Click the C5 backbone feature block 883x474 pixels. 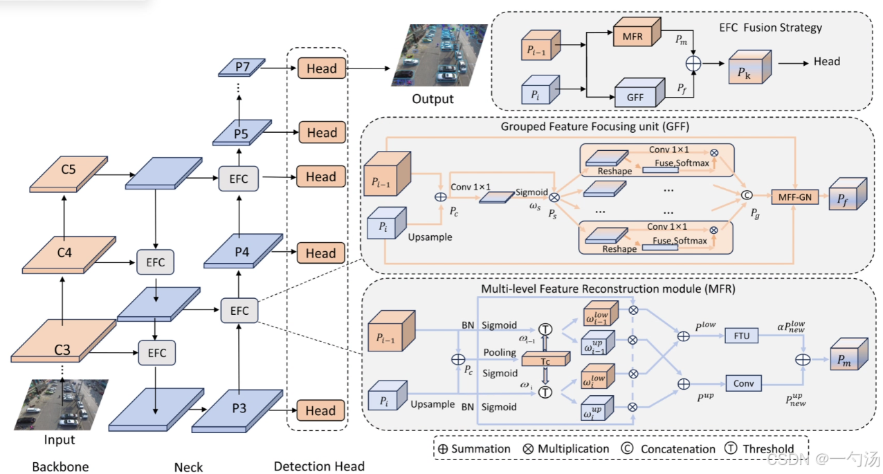tap(69, 174)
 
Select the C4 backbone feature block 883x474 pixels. tap(69, 255)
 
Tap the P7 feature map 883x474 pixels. tap(242, 67)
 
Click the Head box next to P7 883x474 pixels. tap(322, 69)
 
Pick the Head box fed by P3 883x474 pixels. tap(320, 410)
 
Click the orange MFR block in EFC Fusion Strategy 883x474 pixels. tap(637, 32)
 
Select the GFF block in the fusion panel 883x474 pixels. tap(639, 93)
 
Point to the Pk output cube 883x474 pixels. tap(749, 67)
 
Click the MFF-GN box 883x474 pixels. tap(794, 197)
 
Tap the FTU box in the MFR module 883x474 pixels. tap(741, 336)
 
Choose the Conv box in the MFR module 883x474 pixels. tap(743, 383)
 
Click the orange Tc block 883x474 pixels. tap(545, 358)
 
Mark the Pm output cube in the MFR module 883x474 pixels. tap(849, 354)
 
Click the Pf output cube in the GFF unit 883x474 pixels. tap(848, 194)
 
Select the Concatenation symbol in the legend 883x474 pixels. tap(627, 448)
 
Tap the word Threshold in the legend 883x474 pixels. tap(768, 448)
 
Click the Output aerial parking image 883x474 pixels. tap(438, 55)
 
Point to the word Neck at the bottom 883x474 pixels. tap(188, 467)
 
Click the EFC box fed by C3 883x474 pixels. tap(157, 353)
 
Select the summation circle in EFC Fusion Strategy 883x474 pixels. tap(693, 64)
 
